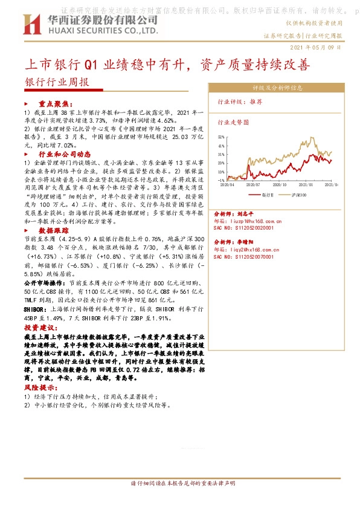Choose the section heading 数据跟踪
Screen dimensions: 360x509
[54, 231]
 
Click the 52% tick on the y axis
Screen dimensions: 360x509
[221, 138]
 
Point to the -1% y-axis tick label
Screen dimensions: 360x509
[221, 180]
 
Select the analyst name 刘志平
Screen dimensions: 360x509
[245, 214]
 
